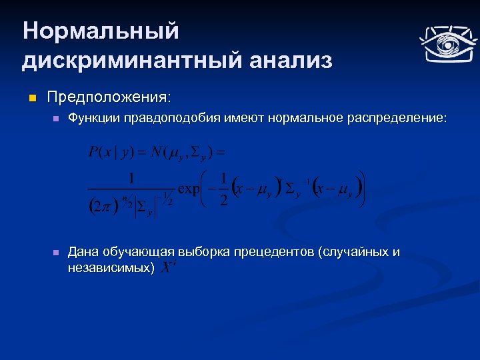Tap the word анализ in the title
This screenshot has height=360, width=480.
(x=290, y=61)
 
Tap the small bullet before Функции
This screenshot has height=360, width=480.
(x=56, y=119)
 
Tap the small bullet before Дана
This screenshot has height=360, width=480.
(x=56, y=253)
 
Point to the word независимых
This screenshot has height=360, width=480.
(x=109, y=267)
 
